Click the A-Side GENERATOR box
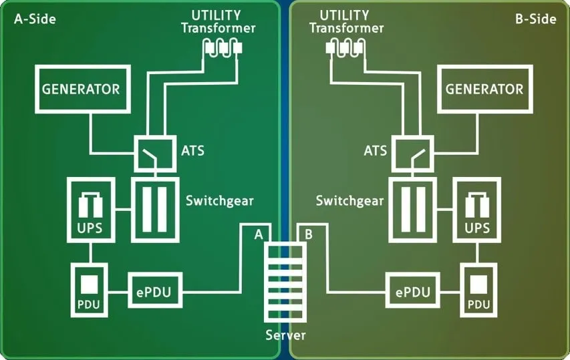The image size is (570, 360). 81,89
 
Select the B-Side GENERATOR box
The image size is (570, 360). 484,89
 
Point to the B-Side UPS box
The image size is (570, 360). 476,209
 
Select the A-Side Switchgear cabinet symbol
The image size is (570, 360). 154,209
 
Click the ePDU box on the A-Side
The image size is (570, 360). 154,292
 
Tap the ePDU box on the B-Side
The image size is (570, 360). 413,292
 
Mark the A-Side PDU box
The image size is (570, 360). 89,290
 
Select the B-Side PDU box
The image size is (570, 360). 478,290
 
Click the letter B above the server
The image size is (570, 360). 308,234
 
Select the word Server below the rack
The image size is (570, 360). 285,335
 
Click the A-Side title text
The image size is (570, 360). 35,19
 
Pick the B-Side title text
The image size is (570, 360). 535,19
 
